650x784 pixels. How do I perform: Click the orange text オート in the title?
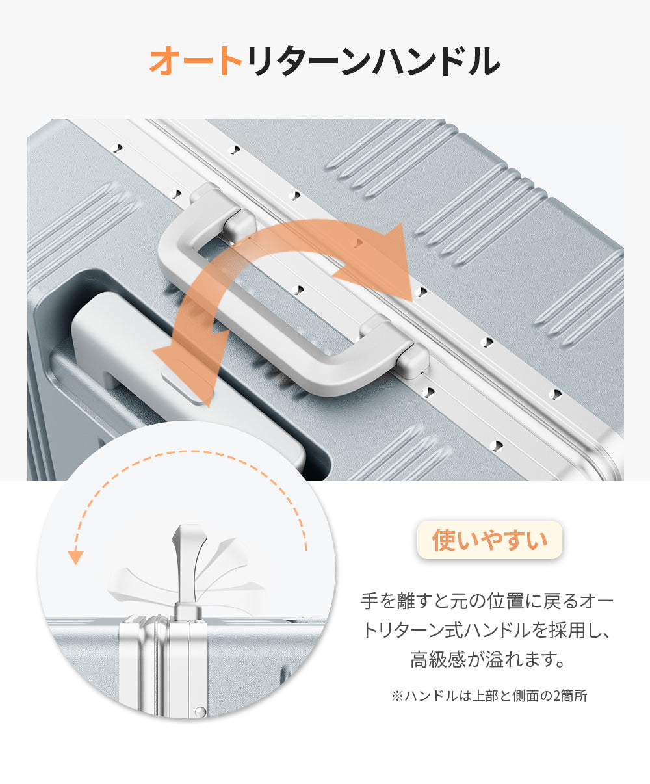pyautogui.click(x=196, y=62)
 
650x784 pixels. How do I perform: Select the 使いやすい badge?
pyautogui.click(x=489, y=540)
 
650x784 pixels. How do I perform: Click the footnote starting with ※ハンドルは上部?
pyautogui.click(x=489, y=696)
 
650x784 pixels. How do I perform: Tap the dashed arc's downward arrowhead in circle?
pyautogui.click(x=77, y=557)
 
